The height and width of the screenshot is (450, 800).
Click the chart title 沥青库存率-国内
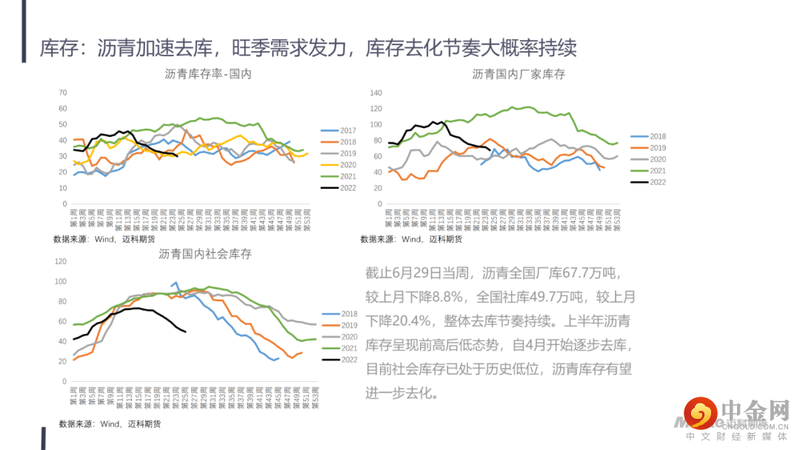[x=208, y=74]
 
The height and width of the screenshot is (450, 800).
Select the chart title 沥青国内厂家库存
[x=519, y=74]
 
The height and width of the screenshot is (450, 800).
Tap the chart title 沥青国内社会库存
[x=205, y=254]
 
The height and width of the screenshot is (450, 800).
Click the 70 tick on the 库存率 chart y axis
[x=63, y=93]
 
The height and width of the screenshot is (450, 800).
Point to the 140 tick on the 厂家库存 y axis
[x=376, y=93]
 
